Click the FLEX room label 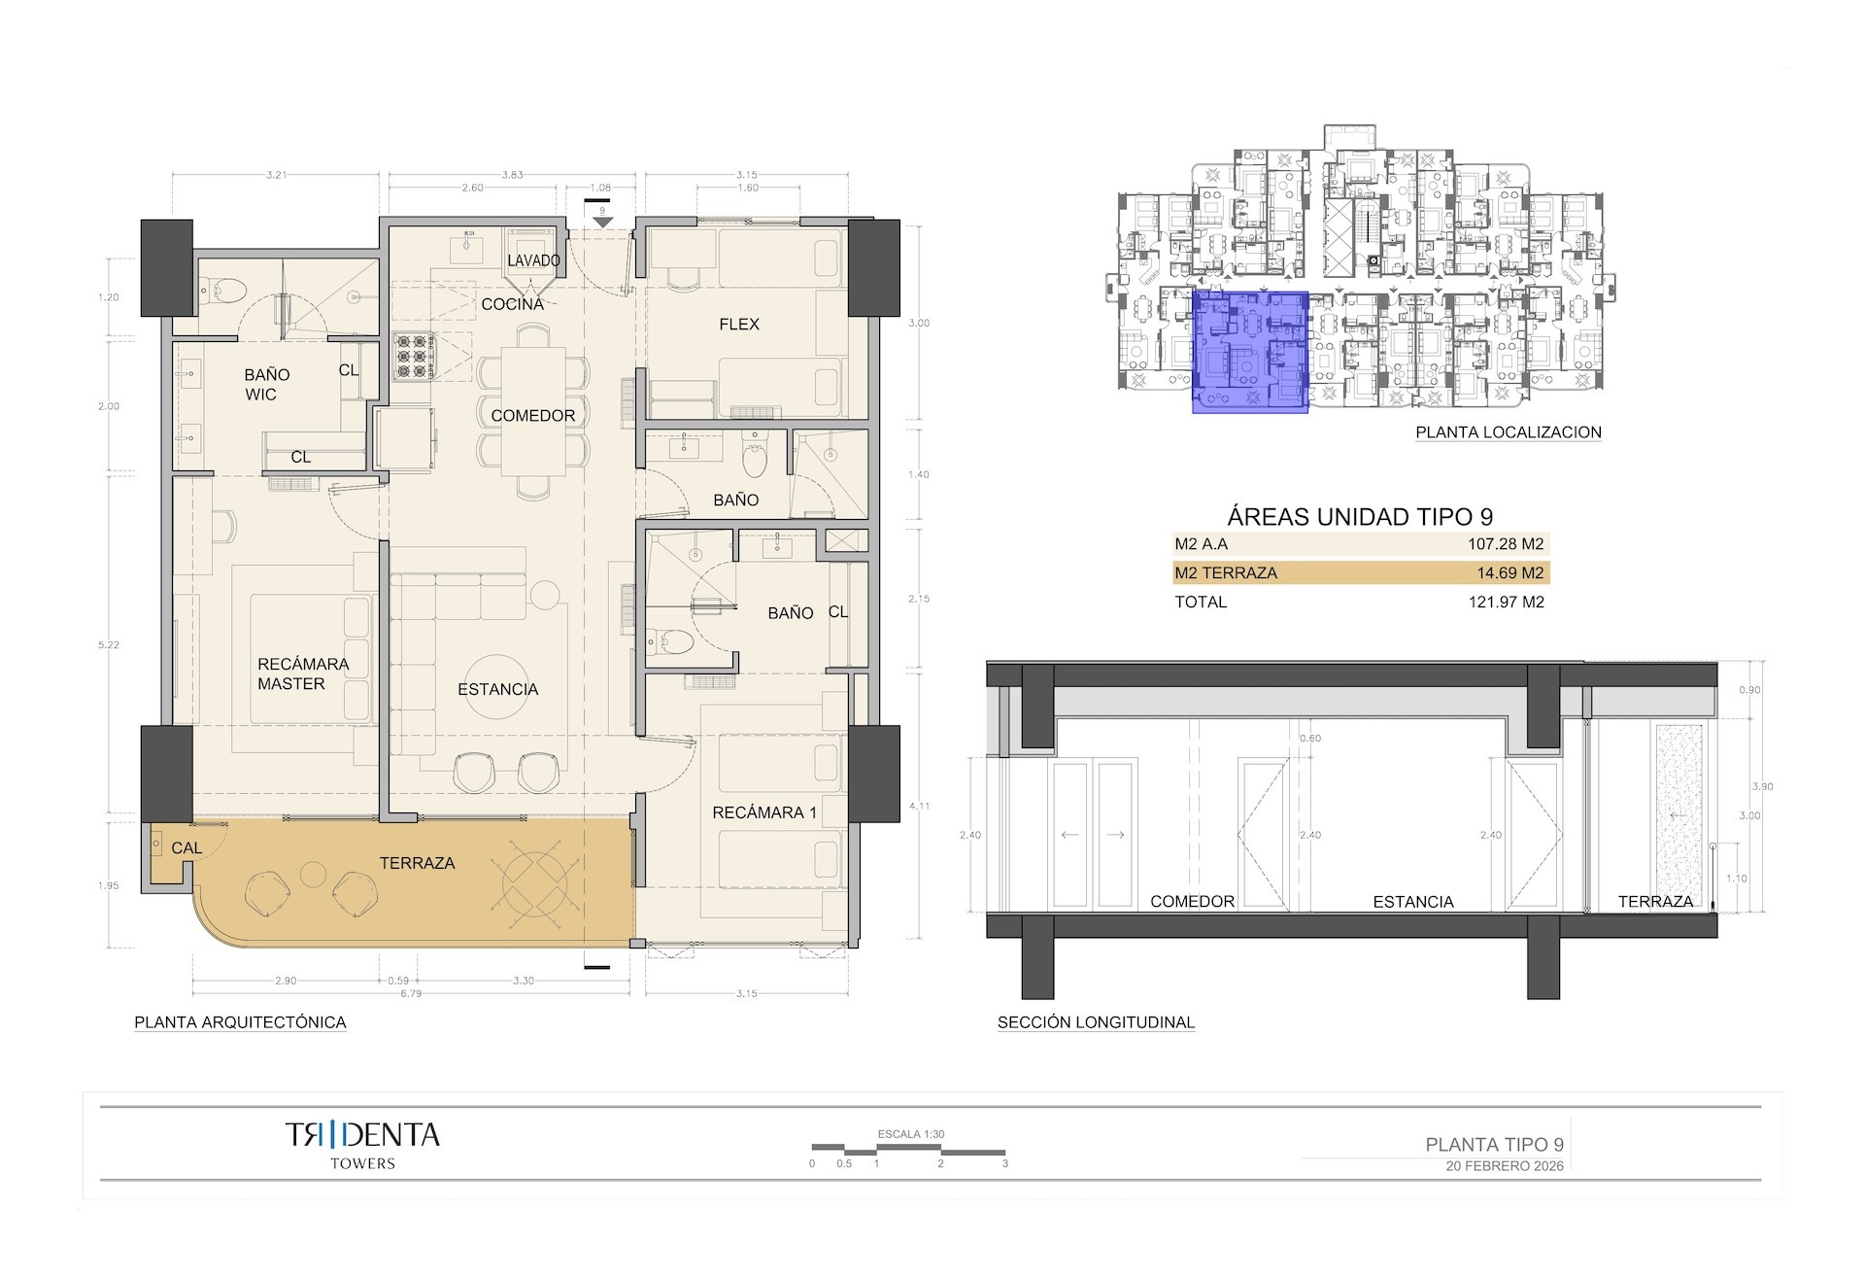pyautogui.click(x=738, y=325)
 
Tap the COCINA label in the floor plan pyautogui.click(x=512, y=304)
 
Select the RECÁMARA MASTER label pyautogui.click(x=302, y=673)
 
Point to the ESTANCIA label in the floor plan pyautogui.click(x=497, y=689)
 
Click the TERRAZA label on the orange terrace pyautogui.click(x=417, y=863)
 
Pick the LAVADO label pyautogui.click(x=533, y=260)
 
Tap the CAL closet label pyautogui.click(x=186, y=848)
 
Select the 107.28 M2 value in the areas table pyautogui.click(x=1505, y=544)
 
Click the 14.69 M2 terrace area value pyautogui.click(x=1509, y=573)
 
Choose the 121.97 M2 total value pyautogui.click(x=1506, y=602)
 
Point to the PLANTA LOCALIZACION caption pyautogui.click(x=1508, y=432)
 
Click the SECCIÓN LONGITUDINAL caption pyautogui.click(x=1096, y=1022)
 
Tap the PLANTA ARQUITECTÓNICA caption pyautogui.click(x=240, y=1022)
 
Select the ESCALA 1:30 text pyautogui.click(x=910, y=1134)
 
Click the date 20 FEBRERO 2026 pyautogui.click(x=1505, y=1166)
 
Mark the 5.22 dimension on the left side pyautogui.click(x=109, y=645)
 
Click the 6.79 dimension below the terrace pyautogui.click(x=411, y=994)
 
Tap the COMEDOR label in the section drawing pyautogui.click(x=1192, y=902)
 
